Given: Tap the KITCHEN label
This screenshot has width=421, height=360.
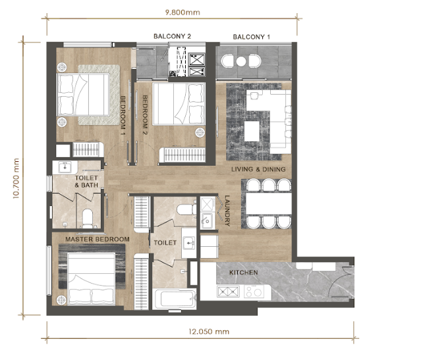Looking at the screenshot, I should point(243,272).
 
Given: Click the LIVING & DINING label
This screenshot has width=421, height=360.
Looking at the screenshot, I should point(258,170).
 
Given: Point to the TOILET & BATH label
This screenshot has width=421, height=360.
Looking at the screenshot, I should point(86,182).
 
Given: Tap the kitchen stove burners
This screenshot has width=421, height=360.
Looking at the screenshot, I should point(227,291).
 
